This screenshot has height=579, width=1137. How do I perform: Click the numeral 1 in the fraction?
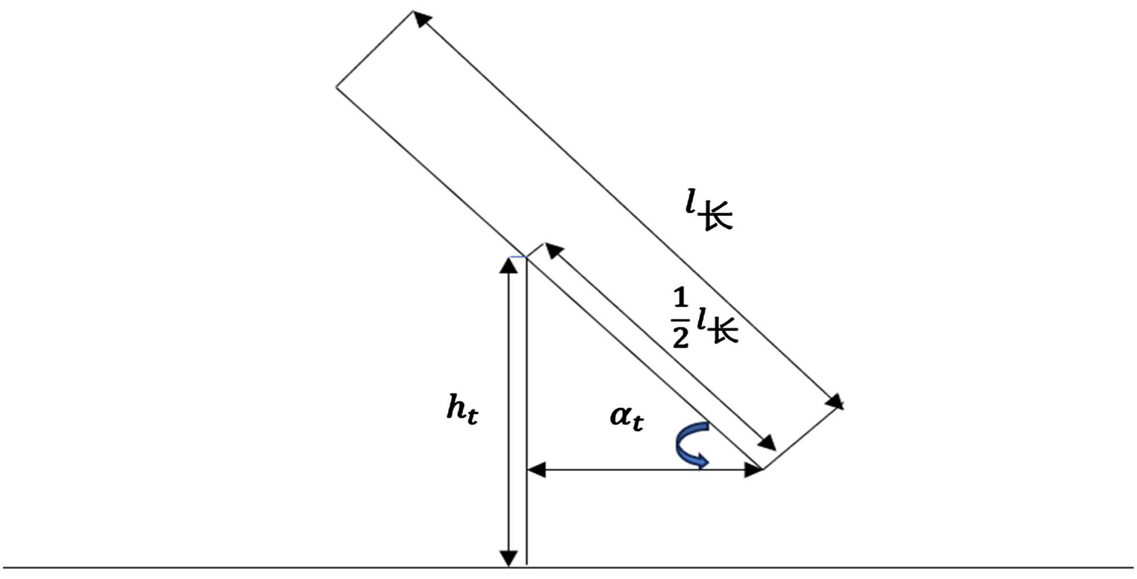point(680,299)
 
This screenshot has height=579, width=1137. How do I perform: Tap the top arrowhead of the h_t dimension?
point(509,266)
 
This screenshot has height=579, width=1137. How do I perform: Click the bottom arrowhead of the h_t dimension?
point(509,559)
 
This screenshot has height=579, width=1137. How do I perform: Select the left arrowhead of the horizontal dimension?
point(537,470)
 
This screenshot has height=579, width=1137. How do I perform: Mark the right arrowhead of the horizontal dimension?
point(753,470)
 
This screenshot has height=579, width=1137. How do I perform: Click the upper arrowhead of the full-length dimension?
point(421,18)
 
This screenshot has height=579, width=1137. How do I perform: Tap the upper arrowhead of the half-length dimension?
point(553,250)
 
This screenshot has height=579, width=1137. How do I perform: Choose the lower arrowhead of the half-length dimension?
point(767,443)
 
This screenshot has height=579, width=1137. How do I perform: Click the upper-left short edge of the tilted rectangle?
point(374,49)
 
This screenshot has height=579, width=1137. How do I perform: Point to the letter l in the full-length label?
point(691,201)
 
